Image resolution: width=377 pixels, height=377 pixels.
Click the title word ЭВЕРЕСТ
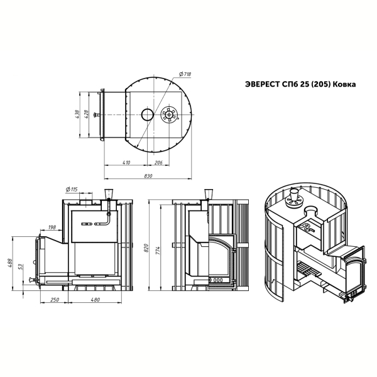click(x=262, y=85)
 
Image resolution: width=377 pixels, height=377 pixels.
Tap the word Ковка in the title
click(x=346, y=85)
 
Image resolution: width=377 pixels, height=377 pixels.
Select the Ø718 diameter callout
click(x=185, y=74)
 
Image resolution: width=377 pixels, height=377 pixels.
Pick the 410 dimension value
click(x=126, y=163)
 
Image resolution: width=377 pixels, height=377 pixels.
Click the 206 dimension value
click(x=158, y=163)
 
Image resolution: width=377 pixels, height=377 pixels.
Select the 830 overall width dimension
click(x=148, y=176)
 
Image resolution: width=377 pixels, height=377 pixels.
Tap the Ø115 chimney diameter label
click(x=72, y=190)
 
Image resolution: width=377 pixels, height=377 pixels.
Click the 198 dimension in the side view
click(x=52, y=227)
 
